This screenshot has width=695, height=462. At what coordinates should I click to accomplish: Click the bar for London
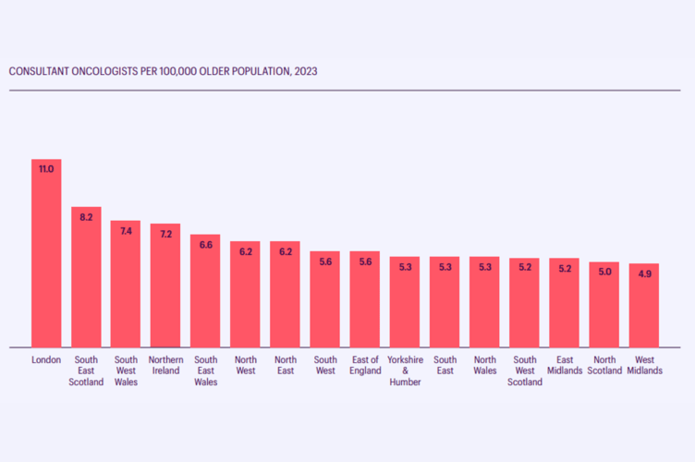46,253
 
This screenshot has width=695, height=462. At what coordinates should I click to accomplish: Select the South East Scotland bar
86,277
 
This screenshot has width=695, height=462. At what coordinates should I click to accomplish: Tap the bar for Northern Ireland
165,286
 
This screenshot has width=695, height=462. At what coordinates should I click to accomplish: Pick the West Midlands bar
644,306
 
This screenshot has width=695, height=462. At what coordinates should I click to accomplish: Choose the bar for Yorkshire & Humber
405,302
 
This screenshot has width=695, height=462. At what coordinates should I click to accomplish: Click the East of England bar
365,299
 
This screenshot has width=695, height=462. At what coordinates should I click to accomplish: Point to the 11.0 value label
46,169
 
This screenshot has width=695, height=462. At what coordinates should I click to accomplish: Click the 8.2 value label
86,217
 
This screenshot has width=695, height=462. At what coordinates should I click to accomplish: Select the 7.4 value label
126,231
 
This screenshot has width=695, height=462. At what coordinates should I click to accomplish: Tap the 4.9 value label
644,274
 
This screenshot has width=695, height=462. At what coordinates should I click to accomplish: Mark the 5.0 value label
604,273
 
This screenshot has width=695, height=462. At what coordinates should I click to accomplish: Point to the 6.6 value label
205,245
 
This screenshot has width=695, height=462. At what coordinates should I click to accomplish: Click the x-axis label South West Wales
126,371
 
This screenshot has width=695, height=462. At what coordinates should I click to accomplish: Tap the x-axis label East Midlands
565,365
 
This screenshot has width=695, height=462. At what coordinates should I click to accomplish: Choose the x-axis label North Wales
484,365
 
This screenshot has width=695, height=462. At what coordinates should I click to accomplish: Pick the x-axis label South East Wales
205,371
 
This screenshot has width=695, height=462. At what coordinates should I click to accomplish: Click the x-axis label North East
285,365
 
